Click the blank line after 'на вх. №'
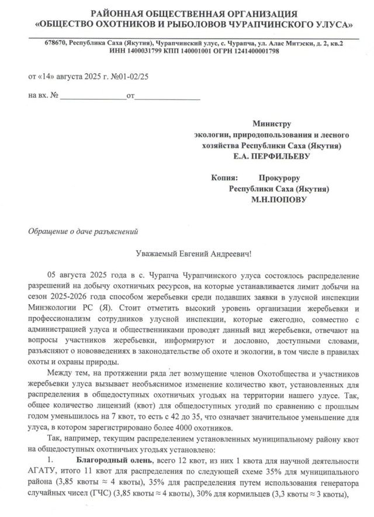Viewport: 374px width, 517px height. tap(93, 95)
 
